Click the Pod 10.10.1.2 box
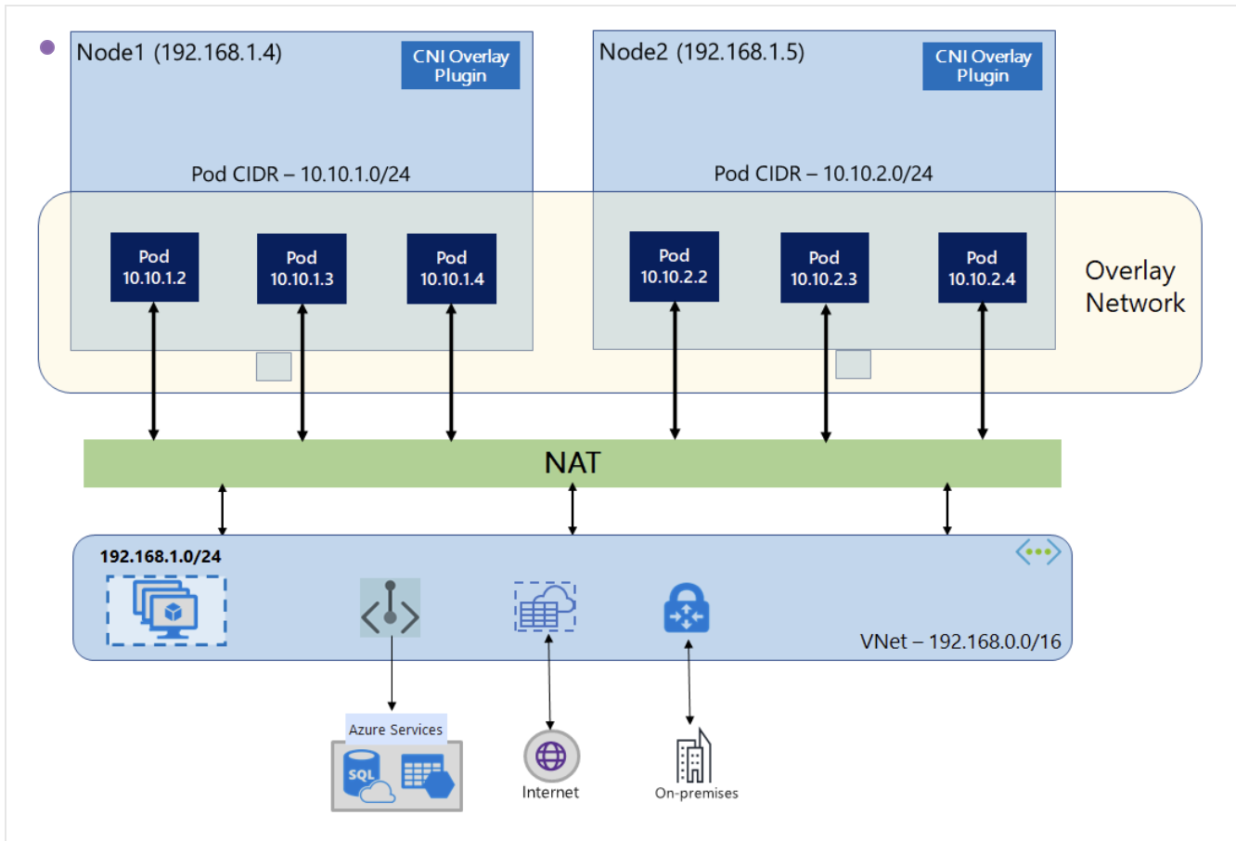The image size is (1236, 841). (154, 267)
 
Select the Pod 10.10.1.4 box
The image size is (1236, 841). (451, 269)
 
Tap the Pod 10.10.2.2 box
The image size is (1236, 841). (675, 266)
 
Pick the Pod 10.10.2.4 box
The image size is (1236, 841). (982, 267)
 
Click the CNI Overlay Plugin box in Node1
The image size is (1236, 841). (460, 65)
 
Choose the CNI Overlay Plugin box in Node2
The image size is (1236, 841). (982, 66)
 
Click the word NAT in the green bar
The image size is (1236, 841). (573, 462)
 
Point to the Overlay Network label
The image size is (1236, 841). (1135, 287)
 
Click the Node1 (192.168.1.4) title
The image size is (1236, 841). (179, 53)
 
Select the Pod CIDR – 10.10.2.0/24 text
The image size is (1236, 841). (823, 174)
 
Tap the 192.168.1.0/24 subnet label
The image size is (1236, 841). (160, 556)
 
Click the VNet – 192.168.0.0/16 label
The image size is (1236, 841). (960, 641)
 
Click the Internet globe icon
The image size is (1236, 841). (551, 756)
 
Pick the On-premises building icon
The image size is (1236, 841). (694, 755)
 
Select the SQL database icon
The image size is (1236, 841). (367, 776)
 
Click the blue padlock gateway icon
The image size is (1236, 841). (687, 608)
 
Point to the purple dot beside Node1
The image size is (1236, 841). (47, 47)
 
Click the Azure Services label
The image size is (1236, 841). (395, 730)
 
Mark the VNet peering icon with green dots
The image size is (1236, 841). (1038, 551)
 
